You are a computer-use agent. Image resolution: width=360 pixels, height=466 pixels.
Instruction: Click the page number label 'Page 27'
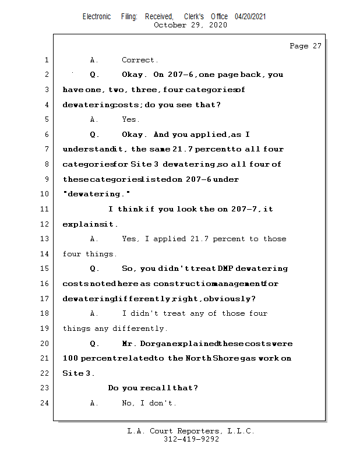[x=305, y=46]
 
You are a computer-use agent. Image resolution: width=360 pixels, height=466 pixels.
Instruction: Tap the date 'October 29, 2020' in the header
[x=190, y=25]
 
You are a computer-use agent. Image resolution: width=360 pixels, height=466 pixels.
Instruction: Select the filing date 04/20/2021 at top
[x=250, y=16]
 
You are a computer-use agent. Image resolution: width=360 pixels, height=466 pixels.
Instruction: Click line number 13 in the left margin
[x=45, y=239]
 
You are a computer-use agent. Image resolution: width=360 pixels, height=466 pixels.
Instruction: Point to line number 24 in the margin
[x=45, y=403]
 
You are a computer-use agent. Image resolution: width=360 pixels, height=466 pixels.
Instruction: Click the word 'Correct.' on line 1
[x=140, y=60]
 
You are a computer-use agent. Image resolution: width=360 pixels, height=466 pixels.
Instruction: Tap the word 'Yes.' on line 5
[x=130, y=119]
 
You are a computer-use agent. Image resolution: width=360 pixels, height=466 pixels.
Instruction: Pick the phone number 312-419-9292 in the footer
[x=192, y=439]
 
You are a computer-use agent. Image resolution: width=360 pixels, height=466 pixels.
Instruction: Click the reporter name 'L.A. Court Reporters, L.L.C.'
[x=190, y=431]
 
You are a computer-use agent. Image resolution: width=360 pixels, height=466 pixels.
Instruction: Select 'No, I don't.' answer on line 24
[x=149, y=403]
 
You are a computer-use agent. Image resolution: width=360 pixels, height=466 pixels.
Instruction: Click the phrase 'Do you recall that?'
[x=153, y=388]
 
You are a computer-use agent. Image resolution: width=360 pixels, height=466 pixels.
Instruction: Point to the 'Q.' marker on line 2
[x=94, y=75]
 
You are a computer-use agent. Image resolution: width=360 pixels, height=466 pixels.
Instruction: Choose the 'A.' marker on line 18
[x=94, y=313]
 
